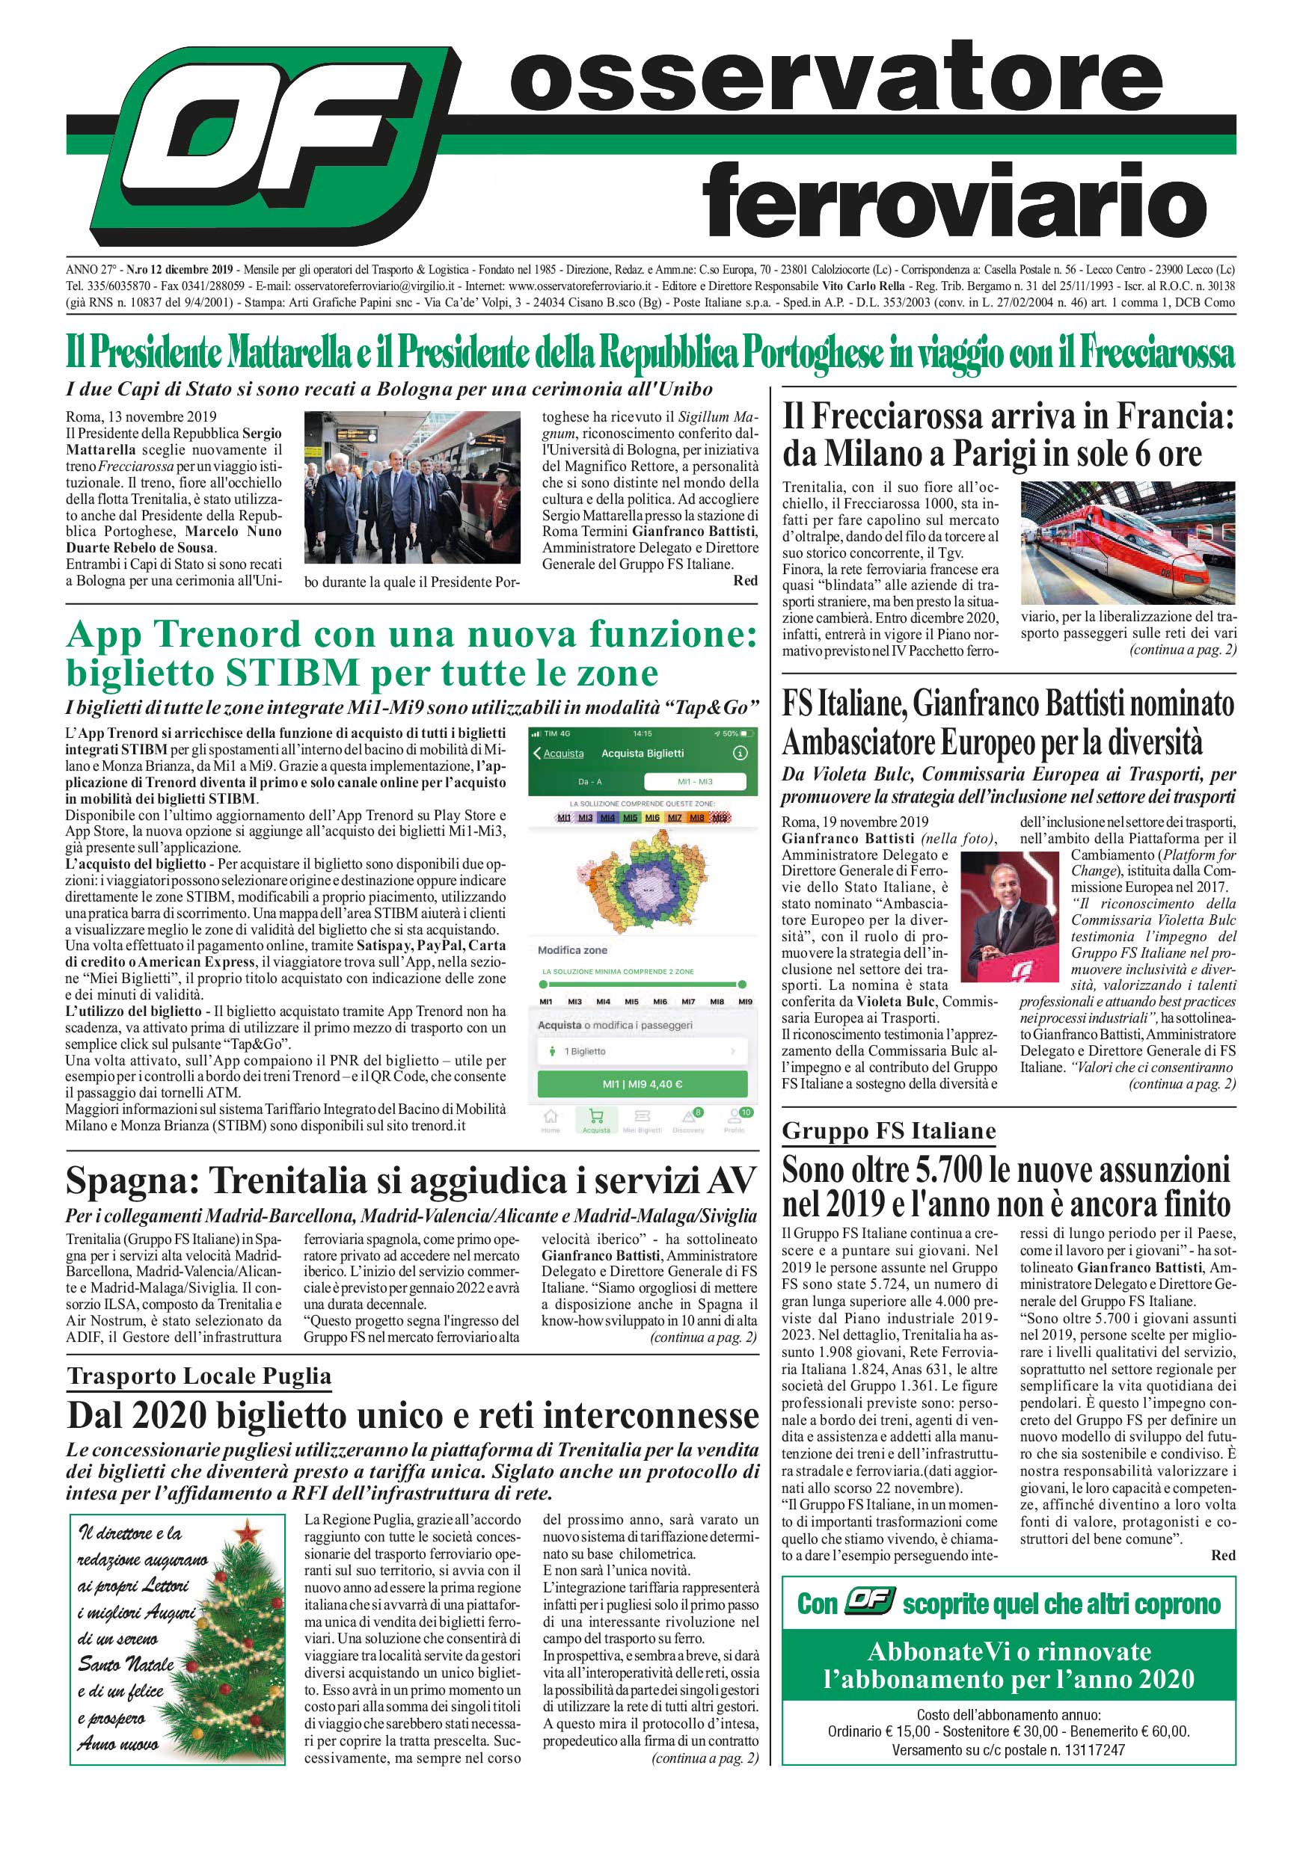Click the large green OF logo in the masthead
click(x=263, y=145)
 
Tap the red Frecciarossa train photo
click(x=1128, y=543)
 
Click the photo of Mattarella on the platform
click(x=412, y=487)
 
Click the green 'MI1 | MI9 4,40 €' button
click(x=643, y=1084)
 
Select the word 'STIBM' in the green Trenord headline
click(x=293, y=673)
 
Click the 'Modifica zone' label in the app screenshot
click(x=572, y=950)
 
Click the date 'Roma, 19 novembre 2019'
click(x=855, y=822)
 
